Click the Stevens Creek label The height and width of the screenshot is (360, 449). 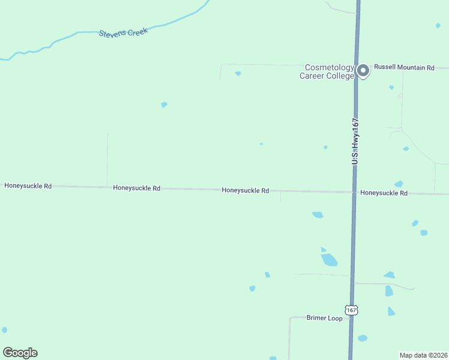[123, 32]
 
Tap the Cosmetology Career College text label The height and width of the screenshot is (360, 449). [327, 72]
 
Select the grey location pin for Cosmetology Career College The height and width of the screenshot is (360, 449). [363, 71]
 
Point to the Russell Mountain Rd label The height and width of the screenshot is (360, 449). [404, 68]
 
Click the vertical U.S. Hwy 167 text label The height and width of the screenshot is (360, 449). [355, 141]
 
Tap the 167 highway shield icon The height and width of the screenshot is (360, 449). [352, 310]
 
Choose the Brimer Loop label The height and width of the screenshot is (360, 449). [324, 318]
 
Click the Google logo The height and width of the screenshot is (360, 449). [20, 353]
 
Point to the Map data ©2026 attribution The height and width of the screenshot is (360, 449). [423, 355]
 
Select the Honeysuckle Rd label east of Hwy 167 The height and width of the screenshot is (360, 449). [384, 193]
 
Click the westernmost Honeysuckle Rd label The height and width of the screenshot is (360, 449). [28, 186]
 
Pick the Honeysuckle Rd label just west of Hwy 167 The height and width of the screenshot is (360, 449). [245, 190]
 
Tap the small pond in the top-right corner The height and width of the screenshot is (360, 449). [438, 26]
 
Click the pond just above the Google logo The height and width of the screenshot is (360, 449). [5, 330]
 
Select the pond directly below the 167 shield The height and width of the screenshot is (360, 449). [362, 338]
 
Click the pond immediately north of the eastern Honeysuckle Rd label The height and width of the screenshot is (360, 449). [399, 184]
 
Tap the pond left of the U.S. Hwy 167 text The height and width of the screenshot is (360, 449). [325, 147]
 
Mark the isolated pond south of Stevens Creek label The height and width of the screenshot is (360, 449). [164, 104]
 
